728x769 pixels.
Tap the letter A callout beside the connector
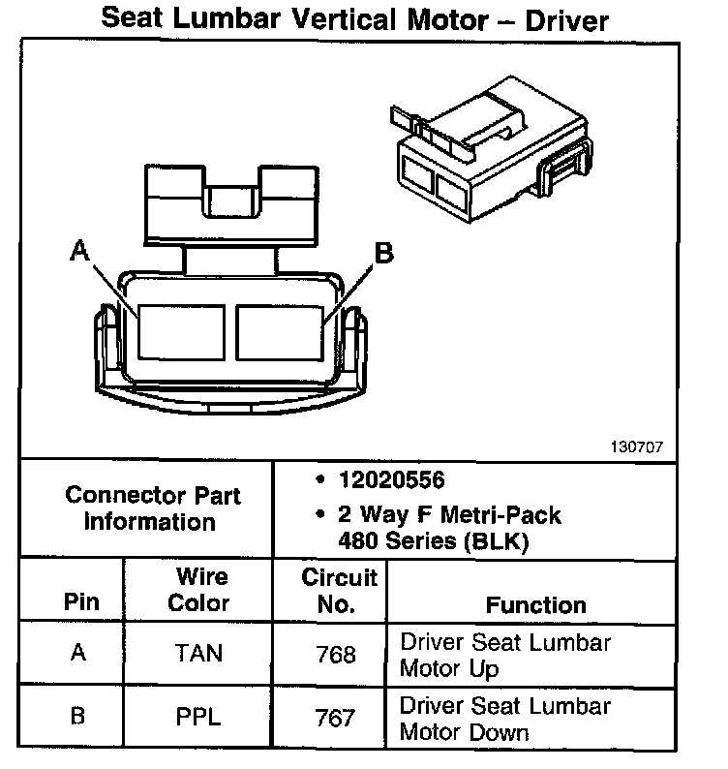point(79,253)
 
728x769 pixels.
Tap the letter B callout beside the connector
point(383,254)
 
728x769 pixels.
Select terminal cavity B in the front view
point(280,330)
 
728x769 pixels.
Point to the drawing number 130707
point(637,447)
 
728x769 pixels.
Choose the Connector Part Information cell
point(153,508)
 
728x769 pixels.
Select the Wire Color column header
point(201,590)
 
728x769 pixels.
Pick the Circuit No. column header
point(339,591)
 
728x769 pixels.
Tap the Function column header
point(535,605)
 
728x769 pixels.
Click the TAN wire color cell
point(200,654)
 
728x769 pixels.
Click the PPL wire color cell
point(200,718)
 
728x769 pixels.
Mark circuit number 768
point(337,655)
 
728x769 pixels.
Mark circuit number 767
point(337,718)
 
